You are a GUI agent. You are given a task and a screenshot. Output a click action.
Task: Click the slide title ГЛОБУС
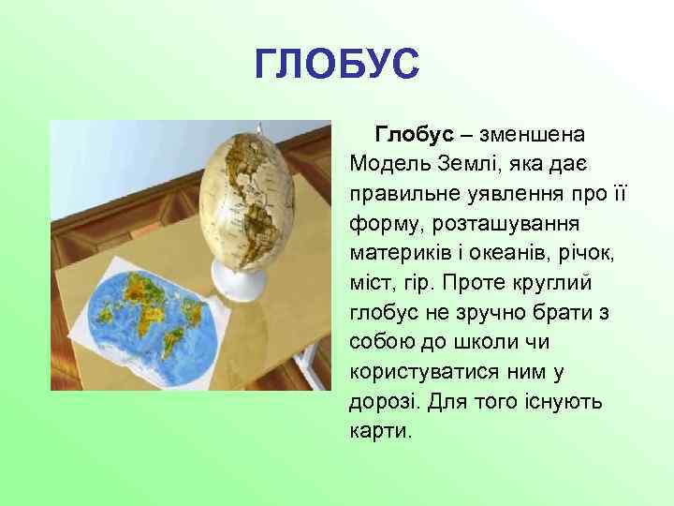337,65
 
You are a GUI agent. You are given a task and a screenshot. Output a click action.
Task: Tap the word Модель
388,164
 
